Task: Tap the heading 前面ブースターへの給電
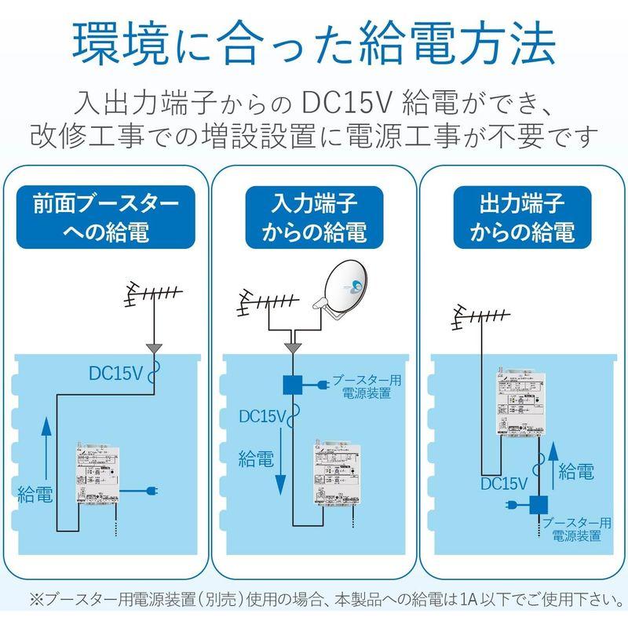pyautogui.click(x=105, y=217)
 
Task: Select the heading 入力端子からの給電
pyautogui.click(x=314, y=217)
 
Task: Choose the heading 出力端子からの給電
pyautogui.click(x=521, y=217)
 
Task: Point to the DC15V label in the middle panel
pyautogui.click(x=261, y=416)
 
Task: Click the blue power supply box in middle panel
pyautogui.click(x=293, y=385)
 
